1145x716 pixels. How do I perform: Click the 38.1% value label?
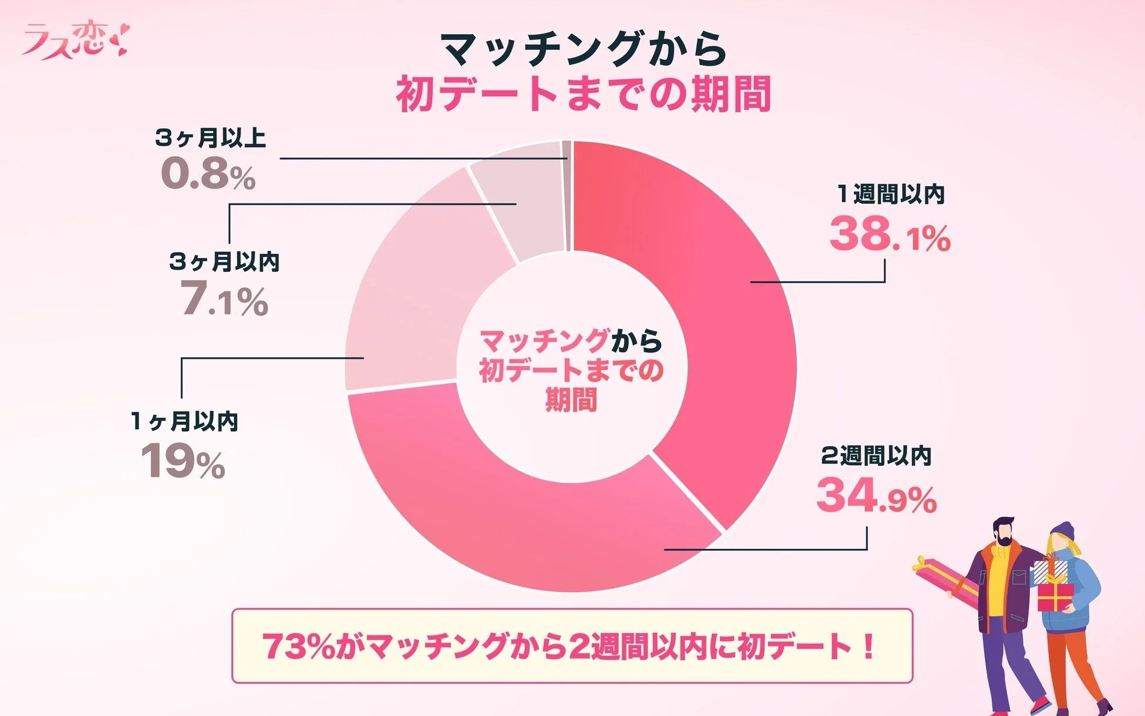(x=889, y=234)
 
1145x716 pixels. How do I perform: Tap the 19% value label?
(x=183, y=462)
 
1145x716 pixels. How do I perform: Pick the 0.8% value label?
(x=208, y=174)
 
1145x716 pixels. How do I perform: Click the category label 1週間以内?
(x=891, y=194)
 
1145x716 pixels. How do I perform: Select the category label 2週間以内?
(x=876, y=456)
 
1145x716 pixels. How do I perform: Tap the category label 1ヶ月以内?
(x=184, y=421)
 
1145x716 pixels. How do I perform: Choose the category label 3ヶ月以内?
(x=224, y=261)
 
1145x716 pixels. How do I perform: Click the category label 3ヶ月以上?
(x=210, y=138)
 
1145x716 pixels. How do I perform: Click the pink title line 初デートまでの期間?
(x=582, y=94)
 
